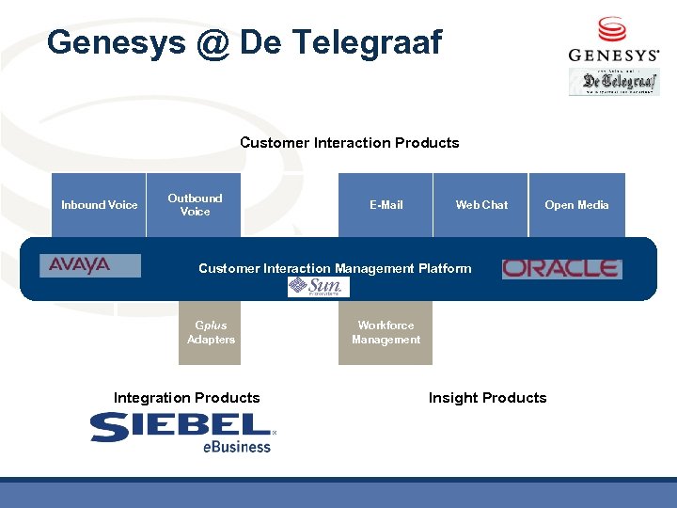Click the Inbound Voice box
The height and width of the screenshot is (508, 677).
coord(99,205)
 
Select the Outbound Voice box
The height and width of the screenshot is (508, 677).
coord(195,205)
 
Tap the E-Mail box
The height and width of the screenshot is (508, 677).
coord(386,205)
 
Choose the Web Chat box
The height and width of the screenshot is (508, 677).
coord(481,205)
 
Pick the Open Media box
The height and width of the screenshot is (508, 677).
coord(576,205)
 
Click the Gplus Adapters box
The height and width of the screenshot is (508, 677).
coord(211,333)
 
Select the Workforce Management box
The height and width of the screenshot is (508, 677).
coord(386,333)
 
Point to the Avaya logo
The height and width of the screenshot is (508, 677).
coord(90,266)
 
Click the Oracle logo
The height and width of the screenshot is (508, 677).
coord(561,269)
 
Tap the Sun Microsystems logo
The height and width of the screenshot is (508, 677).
coord(318,287)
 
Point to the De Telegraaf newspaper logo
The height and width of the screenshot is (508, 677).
coord(614,82)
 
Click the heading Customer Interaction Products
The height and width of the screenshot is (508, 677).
coord(349,143)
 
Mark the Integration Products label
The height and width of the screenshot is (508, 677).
coord(186,398)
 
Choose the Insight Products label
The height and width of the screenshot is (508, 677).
coord(487,398)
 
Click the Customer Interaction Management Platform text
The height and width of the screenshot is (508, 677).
coord(335,269)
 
